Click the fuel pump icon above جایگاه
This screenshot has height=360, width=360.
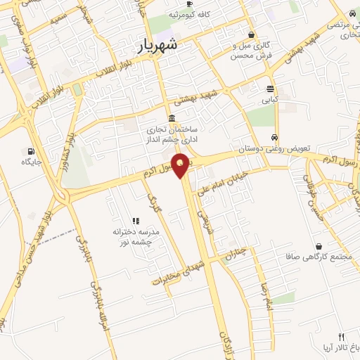30,150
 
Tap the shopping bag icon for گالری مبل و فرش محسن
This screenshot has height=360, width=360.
252,34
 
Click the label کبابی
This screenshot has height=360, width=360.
270,100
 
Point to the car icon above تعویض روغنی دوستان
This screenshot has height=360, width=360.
274,138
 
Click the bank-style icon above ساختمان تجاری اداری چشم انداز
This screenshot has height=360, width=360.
172,118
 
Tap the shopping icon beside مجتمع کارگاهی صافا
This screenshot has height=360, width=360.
321,246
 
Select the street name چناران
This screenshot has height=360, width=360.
241,259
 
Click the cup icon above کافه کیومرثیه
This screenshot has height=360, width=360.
189,4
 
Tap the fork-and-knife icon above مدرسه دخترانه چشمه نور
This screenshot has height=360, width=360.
136,221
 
